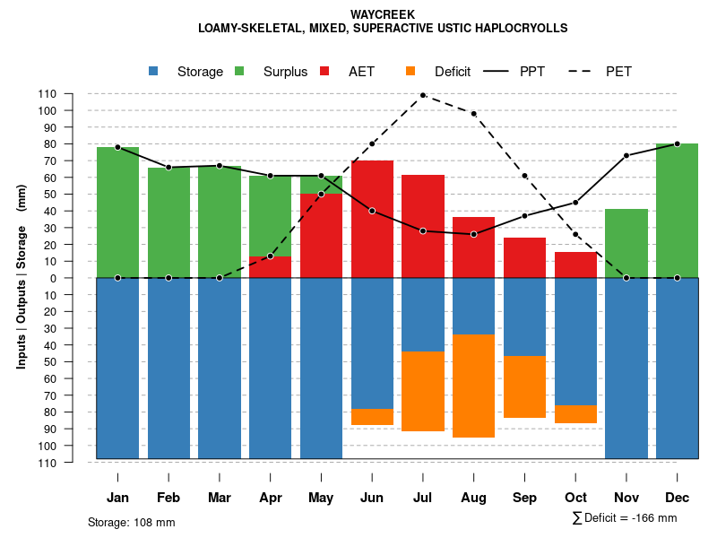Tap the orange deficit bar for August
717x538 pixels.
click(473, 386)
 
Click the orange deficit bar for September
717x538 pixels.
click(524, 386)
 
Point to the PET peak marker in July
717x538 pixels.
click(422, 94)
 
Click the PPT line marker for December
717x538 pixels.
click(677, 143)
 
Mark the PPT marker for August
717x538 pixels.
click(473, 234)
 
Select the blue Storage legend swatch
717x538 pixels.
click(153, 72)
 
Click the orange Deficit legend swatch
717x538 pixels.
click(411, 72)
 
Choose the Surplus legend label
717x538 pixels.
click(285, 72)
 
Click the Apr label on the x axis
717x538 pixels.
click(271, 498)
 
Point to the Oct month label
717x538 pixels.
click(575, 498)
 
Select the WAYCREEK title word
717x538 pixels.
click(383, 15)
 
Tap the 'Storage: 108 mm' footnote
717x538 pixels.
click(132, 522)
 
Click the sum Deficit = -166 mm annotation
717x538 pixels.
click(624, 518)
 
